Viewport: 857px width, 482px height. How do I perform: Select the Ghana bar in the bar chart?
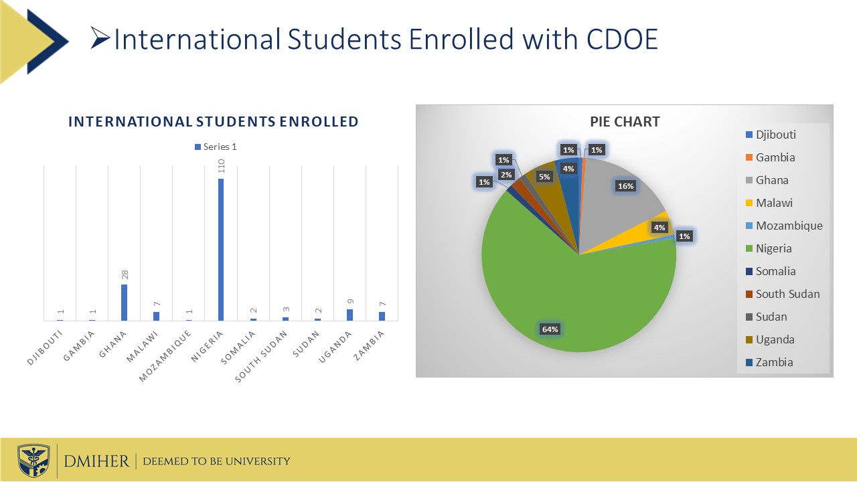[124, 303]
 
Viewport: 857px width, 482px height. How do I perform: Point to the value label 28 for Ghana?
[124, 274]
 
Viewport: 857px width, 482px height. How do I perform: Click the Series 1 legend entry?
[216, 147]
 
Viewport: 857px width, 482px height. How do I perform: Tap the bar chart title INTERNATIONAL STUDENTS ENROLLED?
[213, 122]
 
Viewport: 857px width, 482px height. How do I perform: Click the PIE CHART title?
[625, 122]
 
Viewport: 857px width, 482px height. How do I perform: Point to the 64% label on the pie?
[550, 329]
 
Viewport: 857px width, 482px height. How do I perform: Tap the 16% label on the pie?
[626, 186]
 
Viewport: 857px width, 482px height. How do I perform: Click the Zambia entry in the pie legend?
[774, 362]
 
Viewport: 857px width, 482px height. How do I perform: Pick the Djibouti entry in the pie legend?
[775, 135]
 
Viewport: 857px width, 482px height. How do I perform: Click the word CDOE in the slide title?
[622, 40]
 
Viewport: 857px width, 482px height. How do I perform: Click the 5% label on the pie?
[544, 177]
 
